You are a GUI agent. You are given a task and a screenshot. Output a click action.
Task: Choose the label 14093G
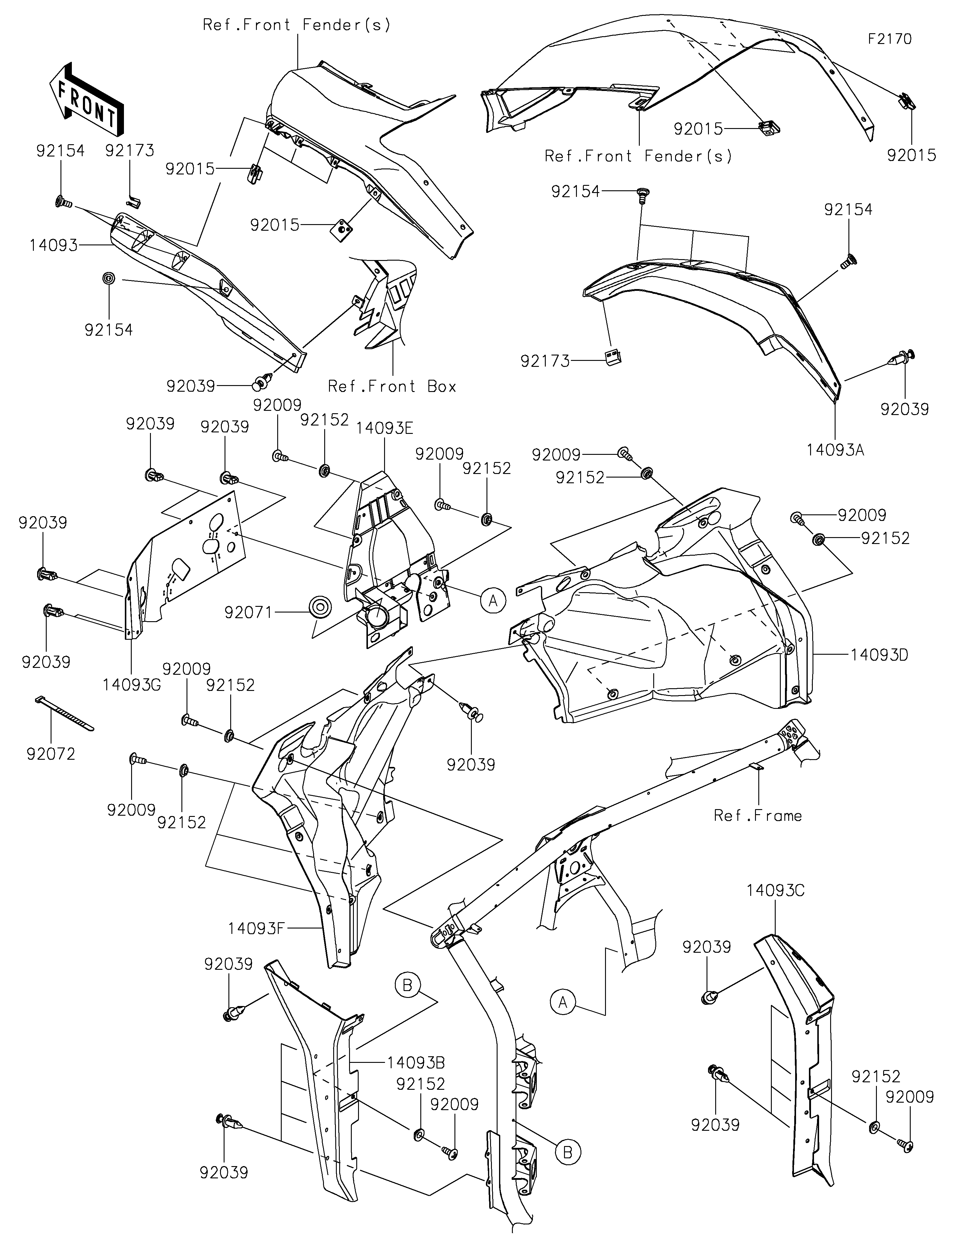(132, 685)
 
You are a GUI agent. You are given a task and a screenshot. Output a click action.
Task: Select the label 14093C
(775, 890)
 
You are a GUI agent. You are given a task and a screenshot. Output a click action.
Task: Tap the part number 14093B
(416, 1063)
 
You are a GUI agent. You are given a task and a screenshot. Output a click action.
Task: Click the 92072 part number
(50, 754)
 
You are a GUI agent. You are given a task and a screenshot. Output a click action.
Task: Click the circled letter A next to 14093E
(493, 600)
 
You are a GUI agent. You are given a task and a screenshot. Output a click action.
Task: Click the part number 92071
(249, 612)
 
